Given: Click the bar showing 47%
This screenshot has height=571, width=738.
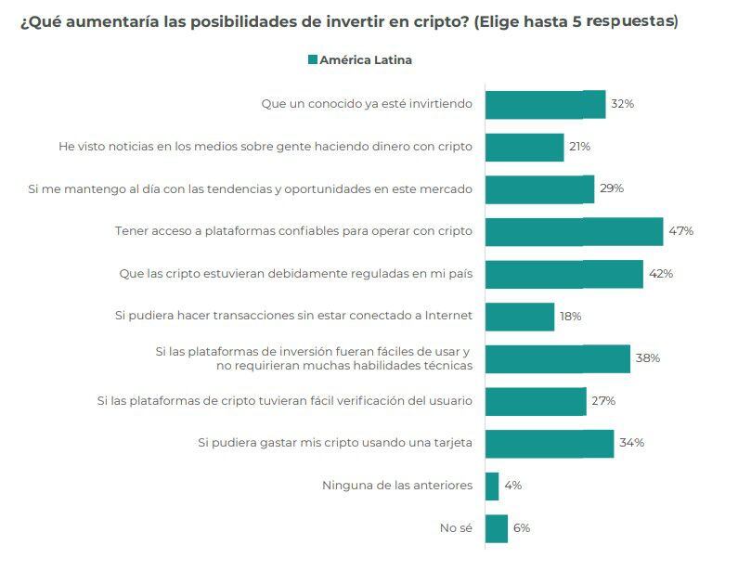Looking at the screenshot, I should [x=574, y=231].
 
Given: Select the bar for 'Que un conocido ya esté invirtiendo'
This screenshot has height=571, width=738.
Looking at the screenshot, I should [x=545, y=104].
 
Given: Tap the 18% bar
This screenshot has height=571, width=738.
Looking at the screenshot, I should [x=519, y=317].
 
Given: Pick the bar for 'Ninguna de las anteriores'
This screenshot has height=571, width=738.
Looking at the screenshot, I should [x=492, y=486].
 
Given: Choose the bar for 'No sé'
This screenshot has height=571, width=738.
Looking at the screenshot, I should [x=497, y=528].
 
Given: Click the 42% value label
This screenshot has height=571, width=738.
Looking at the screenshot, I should [x=661, y=274].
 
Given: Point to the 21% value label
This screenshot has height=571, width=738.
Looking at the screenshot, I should [x=579, y=147].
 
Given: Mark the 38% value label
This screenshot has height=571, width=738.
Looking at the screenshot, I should [x=647, y=358].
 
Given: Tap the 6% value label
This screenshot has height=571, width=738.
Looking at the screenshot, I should [x=521, y=528].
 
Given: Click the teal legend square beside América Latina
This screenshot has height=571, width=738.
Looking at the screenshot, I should [x=313, y=60].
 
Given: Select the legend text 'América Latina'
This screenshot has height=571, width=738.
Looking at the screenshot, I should [x=366, y=60].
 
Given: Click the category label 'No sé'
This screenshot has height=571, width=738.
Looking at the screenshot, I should [x=456, y=528].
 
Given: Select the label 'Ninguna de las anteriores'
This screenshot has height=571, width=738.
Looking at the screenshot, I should [x=397, y=486].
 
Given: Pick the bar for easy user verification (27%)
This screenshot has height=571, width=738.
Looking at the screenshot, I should [x=536, y=401].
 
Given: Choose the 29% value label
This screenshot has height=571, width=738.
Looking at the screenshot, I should [x=611, y=188].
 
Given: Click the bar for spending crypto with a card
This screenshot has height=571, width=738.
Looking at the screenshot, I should [x=549, y=443].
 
